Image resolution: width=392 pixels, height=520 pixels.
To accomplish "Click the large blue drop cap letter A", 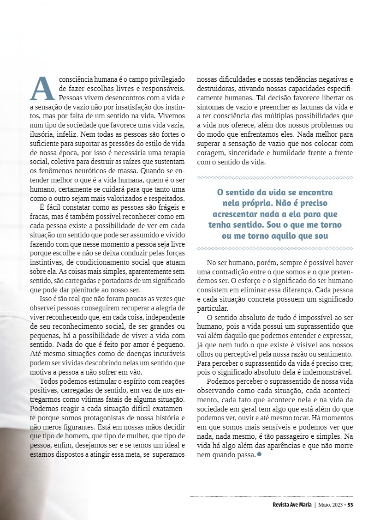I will [44, 88].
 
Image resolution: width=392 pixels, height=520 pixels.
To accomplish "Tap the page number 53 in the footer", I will [350, 504].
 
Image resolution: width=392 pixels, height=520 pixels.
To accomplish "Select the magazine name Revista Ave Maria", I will [292, 504].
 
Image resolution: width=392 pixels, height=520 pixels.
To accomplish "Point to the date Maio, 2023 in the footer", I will [331, 504].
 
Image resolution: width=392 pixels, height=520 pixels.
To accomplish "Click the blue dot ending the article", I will [259, 454].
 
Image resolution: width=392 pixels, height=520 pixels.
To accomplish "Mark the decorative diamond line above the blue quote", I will [275, 177].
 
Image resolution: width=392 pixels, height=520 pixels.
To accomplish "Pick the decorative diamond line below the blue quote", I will [275, 248].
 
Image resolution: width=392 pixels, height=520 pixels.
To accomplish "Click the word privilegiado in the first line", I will [165, 79].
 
